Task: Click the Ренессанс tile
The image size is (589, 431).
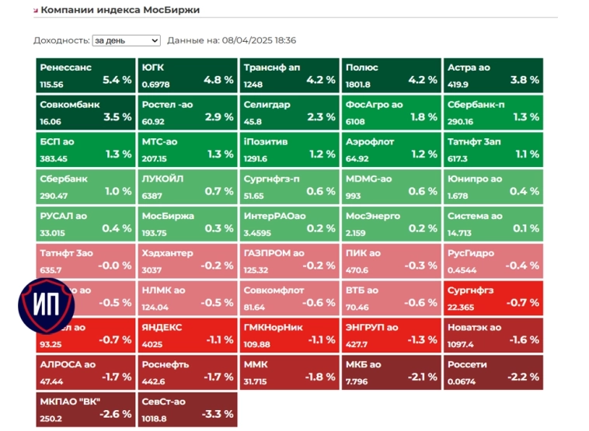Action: point(85,75)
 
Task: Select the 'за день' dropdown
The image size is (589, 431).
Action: point(126,40)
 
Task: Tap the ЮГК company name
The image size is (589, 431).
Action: point(153,68)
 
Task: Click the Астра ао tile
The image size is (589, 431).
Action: point(493,75)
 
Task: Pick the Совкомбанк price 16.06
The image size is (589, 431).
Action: point(51,122)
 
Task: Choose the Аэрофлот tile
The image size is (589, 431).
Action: point(391,149)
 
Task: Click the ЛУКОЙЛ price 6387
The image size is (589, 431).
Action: point(152,196)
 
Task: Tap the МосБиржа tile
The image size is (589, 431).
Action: point(187,223)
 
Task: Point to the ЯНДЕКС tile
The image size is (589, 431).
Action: point(187,335)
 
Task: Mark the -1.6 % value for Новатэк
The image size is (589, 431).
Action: point(524,339)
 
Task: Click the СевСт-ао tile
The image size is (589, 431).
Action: point(187,408)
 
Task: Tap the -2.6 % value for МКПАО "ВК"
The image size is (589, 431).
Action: point(117,414)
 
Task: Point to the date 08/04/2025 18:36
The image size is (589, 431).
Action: point(259,40)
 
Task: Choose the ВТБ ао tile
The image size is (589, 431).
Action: point(391,297)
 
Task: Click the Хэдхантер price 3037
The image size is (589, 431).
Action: point(152,270)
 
